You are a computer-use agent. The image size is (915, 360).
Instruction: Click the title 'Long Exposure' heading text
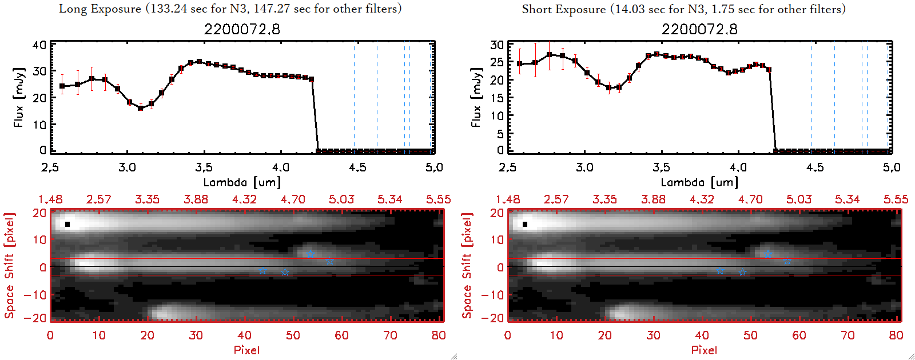tap(100, 9)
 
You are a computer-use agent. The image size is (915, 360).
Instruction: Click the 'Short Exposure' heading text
tap(563, 9)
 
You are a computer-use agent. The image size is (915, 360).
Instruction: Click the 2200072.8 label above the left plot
tap(242, 29)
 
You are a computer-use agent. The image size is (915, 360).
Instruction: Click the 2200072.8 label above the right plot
tap(699, 29)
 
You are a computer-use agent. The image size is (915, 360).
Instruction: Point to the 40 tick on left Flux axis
tap(39, 45)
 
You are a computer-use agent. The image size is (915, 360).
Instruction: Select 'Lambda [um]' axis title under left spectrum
tap(242, 182)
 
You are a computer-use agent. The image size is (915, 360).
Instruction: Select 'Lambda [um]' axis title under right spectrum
tap(699, 182)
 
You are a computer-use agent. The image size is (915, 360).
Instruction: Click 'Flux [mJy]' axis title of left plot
tap(19, 97)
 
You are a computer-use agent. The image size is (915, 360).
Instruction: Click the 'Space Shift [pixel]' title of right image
tap(467, 265)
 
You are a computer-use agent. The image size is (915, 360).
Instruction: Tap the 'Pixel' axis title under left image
tap(246, 350)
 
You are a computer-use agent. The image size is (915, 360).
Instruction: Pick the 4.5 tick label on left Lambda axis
tap(357, 167)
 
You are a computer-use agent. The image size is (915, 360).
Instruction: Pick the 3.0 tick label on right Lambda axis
tap(584, 167)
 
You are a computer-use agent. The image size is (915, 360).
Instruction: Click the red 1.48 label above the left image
tap(50, 199)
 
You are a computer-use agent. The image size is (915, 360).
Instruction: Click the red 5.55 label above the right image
tap(896, 199)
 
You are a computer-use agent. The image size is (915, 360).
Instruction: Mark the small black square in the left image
tap(67, 224)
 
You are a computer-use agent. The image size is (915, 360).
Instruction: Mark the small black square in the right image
tap(525, 224)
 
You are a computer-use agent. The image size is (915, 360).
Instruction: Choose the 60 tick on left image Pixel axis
tap(341, 335)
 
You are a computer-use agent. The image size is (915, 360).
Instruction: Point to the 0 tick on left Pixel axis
tap(50, 335)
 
